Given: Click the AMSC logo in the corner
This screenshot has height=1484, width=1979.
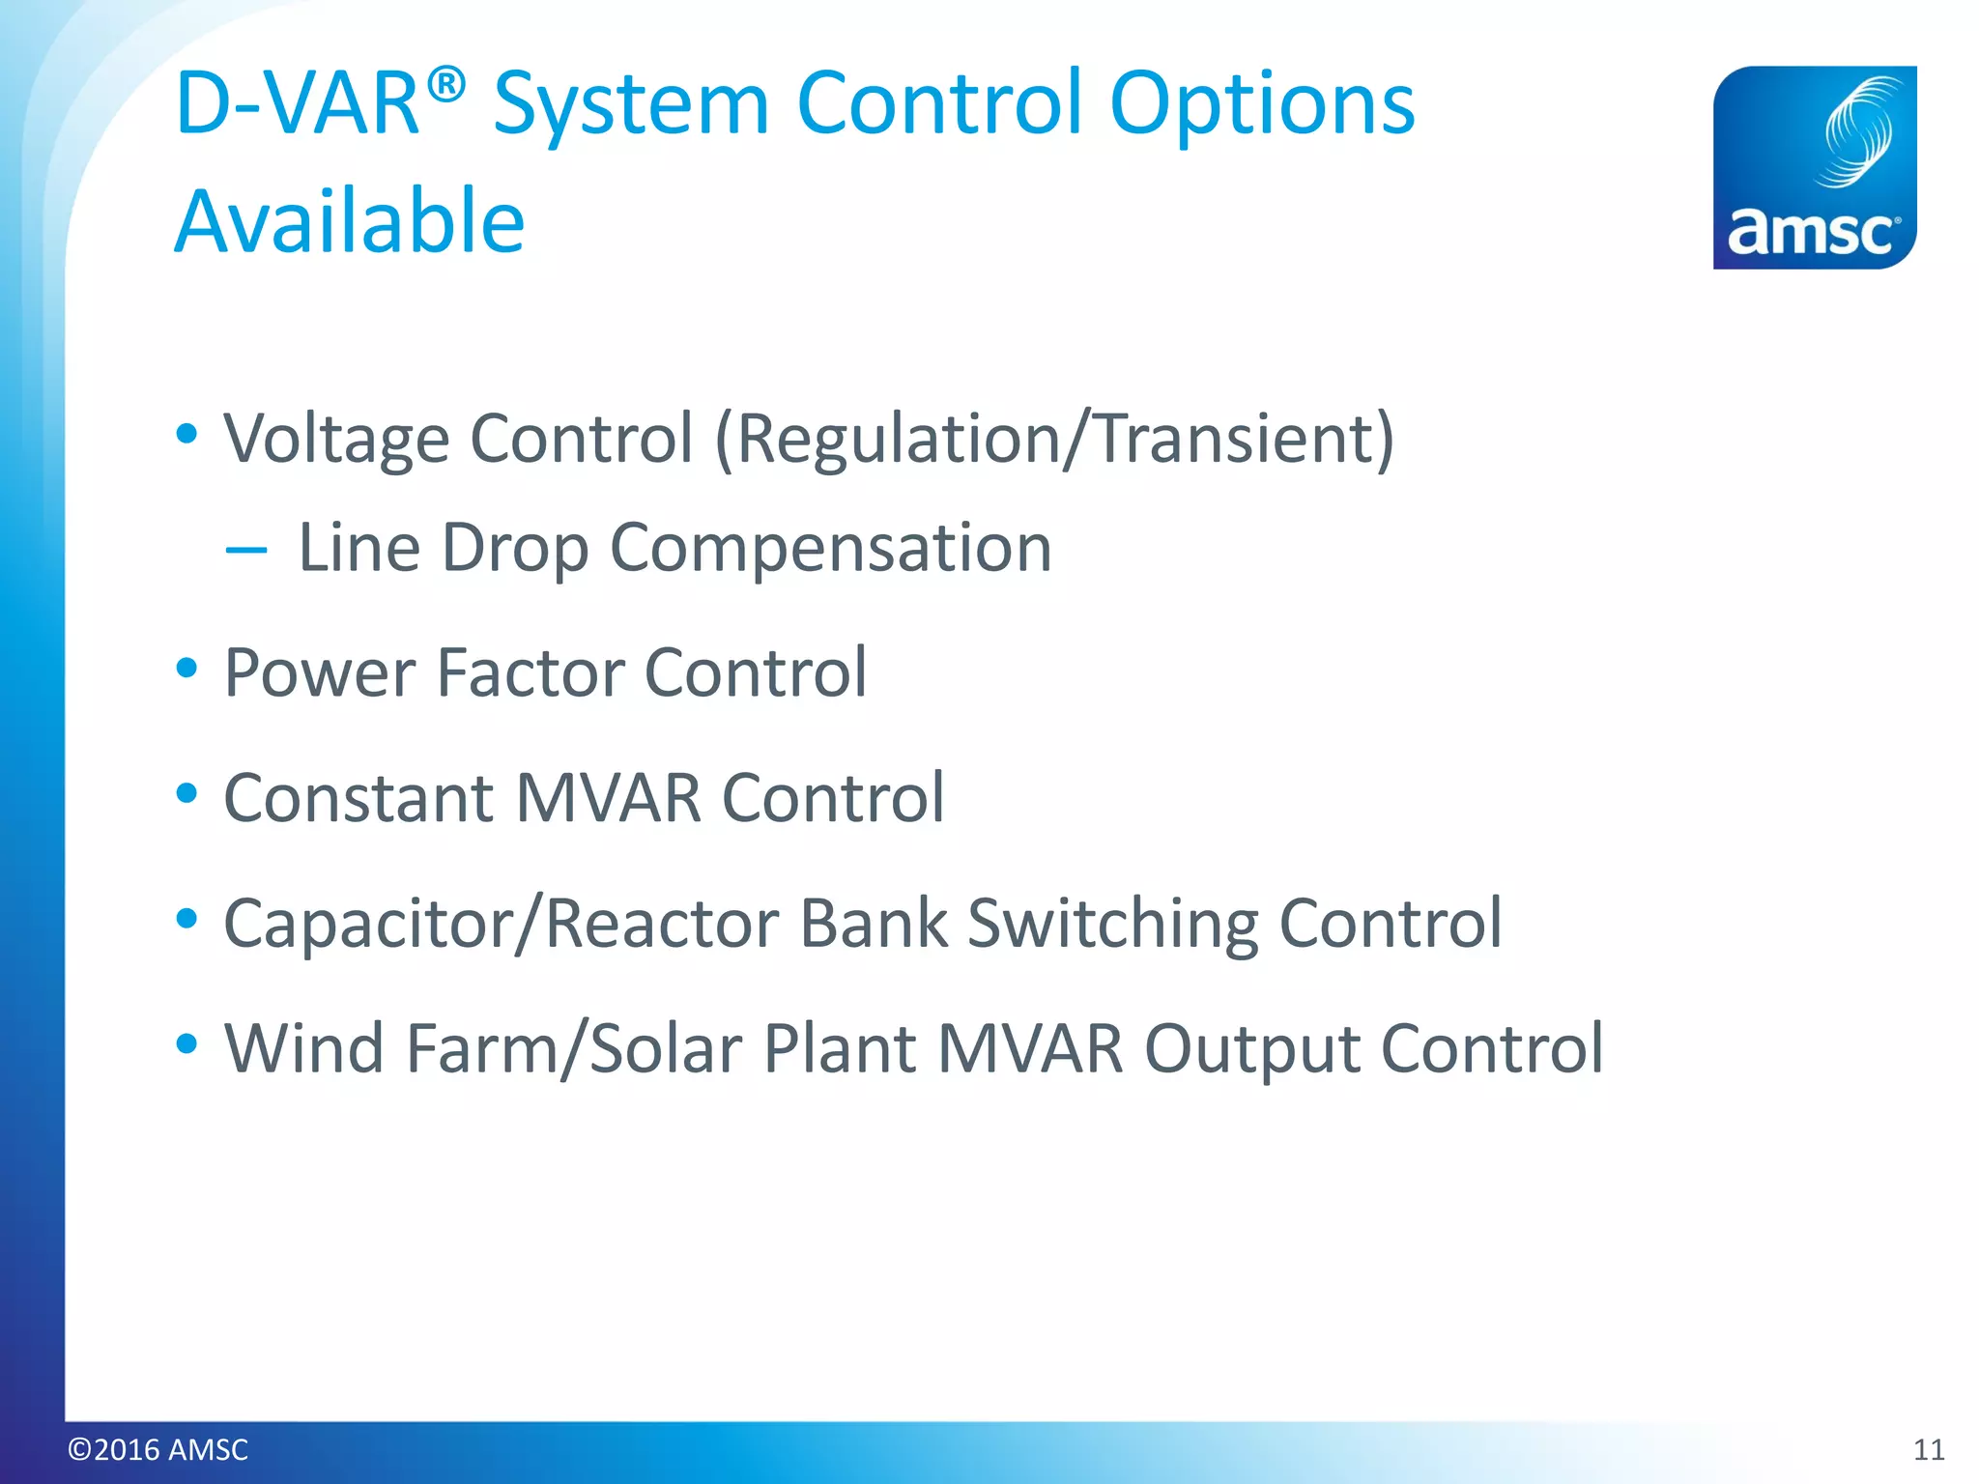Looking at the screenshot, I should (1814, 167).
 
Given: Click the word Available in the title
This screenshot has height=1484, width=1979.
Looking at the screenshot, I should (350, 221).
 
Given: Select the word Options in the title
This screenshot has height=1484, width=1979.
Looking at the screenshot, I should (1261, 104).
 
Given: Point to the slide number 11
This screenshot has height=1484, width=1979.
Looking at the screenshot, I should (1929, 1449).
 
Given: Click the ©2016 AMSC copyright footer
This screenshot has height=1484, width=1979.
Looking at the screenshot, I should (158, 1449).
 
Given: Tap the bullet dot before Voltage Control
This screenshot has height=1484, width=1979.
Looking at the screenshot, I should (187, 434).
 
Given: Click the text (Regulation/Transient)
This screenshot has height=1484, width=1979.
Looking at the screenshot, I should (1054, 440).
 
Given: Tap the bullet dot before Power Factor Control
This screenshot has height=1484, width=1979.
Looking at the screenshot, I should (187, 668).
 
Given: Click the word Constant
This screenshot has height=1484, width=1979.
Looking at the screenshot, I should (359, 798).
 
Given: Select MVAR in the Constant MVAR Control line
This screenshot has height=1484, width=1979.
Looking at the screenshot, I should (609, 798).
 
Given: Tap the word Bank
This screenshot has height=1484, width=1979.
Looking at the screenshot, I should (875, 924).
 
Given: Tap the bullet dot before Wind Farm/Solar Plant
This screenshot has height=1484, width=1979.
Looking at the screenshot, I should (187, 1043).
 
